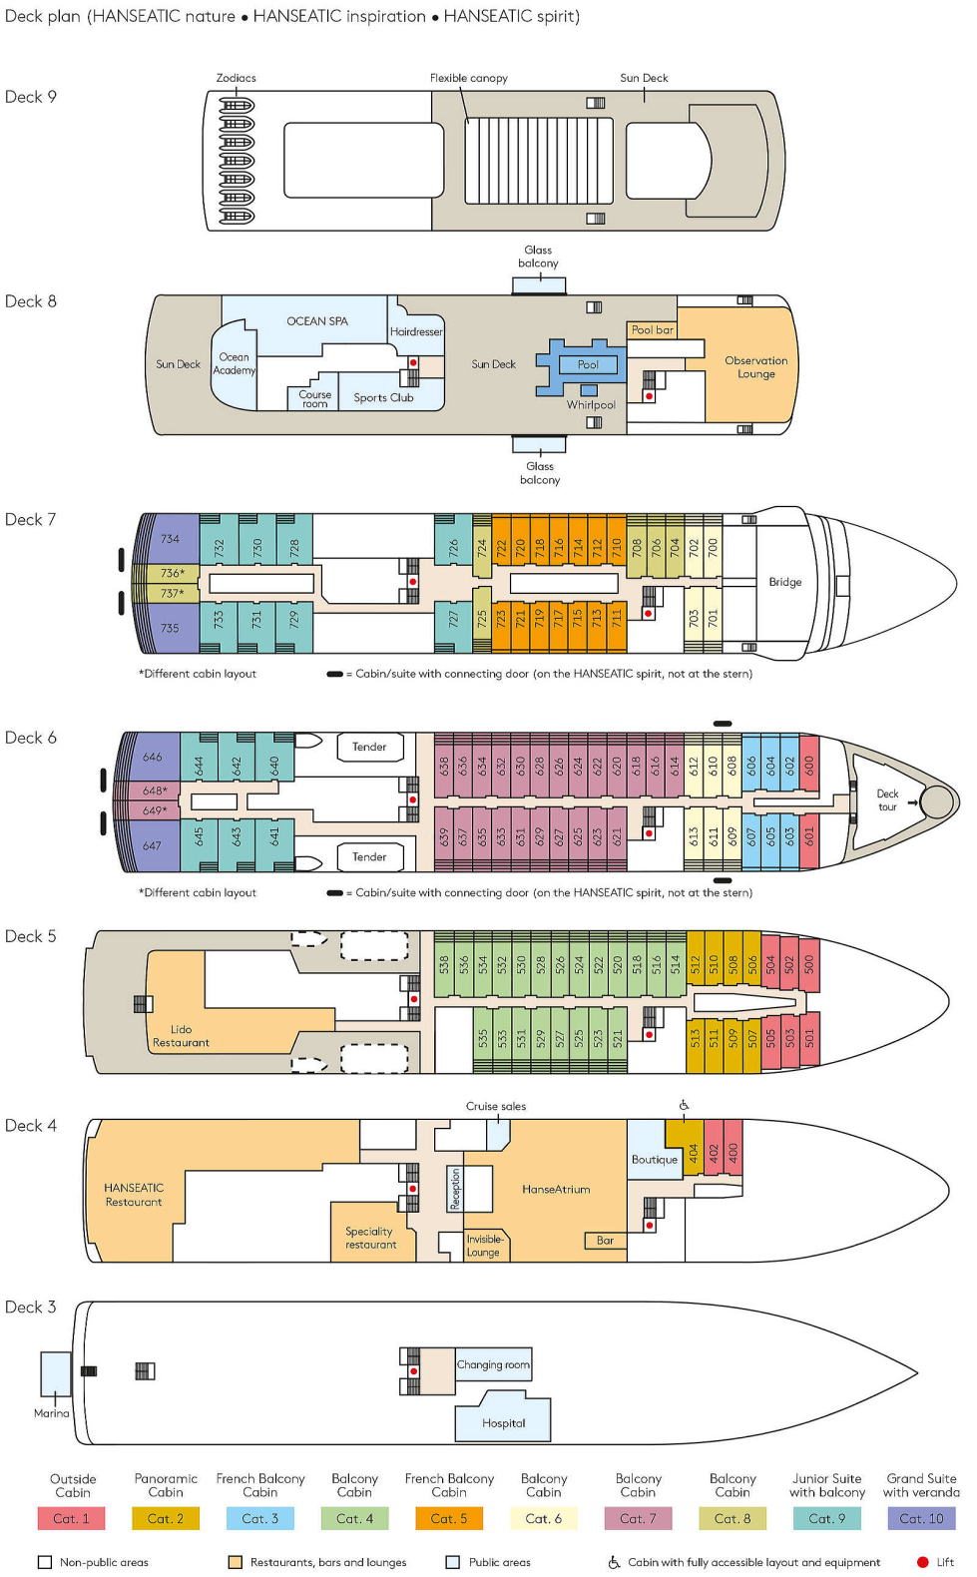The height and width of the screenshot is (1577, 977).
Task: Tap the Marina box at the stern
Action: point(56,1373)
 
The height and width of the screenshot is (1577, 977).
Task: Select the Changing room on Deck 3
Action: point(493,1364)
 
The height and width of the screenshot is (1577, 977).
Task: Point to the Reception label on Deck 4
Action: point(455,1189)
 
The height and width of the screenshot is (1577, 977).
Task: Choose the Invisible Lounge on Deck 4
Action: point(484,1246)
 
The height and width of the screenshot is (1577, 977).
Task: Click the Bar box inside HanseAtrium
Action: point(606,1241)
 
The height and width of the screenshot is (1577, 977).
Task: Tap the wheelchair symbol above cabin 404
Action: point(684,1105)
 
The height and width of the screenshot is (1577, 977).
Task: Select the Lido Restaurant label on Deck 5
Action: point(181,1036)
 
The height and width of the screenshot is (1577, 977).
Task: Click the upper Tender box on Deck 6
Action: point(369,747)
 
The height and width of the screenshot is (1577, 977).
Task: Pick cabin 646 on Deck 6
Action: point(152,757)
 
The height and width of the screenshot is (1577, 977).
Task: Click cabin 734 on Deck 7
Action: point(170,539)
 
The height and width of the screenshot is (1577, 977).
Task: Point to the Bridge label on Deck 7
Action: point(784,582)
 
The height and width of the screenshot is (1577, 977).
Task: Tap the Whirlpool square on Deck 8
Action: point(589,390)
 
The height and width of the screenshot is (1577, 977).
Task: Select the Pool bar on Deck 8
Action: point(652,329)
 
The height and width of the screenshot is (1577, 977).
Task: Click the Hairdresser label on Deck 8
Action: point(416,331)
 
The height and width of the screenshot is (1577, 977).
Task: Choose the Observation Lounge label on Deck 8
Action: point(756,366)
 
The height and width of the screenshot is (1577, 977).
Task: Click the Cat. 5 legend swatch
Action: point(449,1518)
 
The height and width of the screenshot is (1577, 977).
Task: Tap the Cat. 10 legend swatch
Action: point(921,1518)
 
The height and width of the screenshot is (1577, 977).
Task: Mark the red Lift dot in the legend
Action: point(923,1562)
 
